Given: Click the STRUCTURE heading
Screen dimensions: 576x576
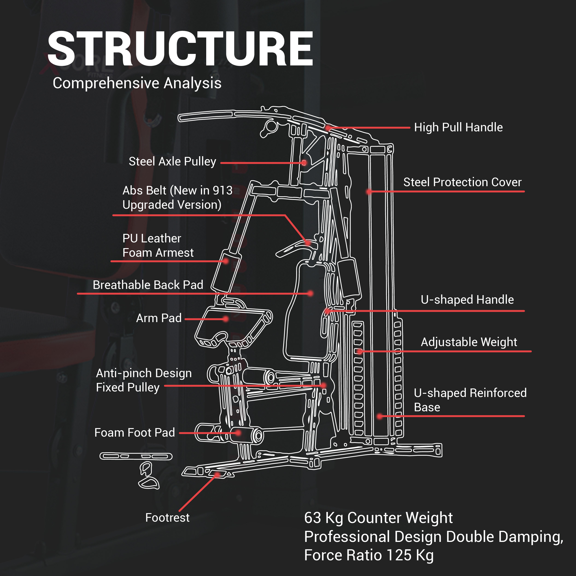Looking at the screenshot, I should (180, 49).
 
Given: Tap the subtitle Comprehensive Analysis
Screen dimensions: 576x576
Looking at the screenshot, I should (137, 83).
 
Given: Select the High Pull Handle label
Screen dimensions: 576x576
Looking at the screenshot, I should (458, 128).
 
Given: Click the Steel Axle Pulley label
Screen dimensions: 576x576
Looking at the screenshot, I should (172, 162).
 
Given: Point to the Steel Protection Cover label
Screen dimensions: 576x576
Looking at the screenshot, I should (462, 182).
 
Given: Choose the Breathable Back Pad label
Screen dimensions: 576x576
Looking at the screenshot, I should (148, 285).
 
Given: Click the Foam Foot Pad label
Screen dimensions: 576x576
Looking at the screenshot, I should (135, 433).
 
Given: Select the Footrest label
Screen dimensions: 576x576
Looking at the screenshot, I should (167, 517).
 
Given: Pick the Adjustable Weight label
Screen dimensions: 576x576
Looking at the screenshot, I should (469, 342).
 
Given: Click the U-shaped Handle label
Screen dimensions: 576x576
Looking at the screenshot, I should (467, 300).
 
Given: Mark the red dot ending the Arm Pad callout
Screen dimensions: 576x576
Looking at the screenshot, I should (226, 319).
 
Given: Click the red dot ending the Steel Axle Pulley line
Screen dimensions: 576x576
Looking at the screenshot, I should (304, 163).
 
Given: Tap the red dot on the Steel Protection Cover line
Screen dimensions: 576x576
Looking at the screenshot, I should (369, 191).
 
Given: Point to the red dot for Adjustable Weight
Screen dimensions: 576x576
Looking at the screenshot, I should (360, 352).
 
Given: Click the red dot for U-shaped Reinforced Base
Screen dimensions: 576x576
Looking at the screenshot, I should (379, 416).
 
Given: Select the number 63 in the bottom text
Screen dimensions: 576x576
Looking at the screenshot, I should (312, 518).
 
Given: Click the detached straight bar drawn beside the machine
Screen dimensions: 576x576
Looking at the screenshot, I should (136, 456).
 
